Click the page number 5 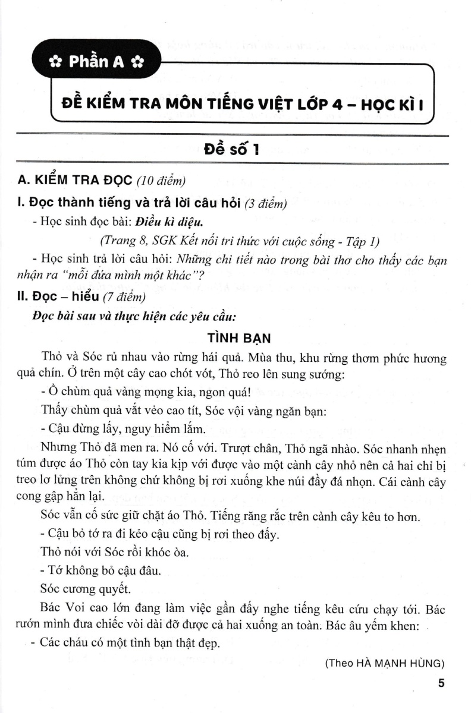441,683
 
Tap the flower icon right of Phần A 136,62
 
